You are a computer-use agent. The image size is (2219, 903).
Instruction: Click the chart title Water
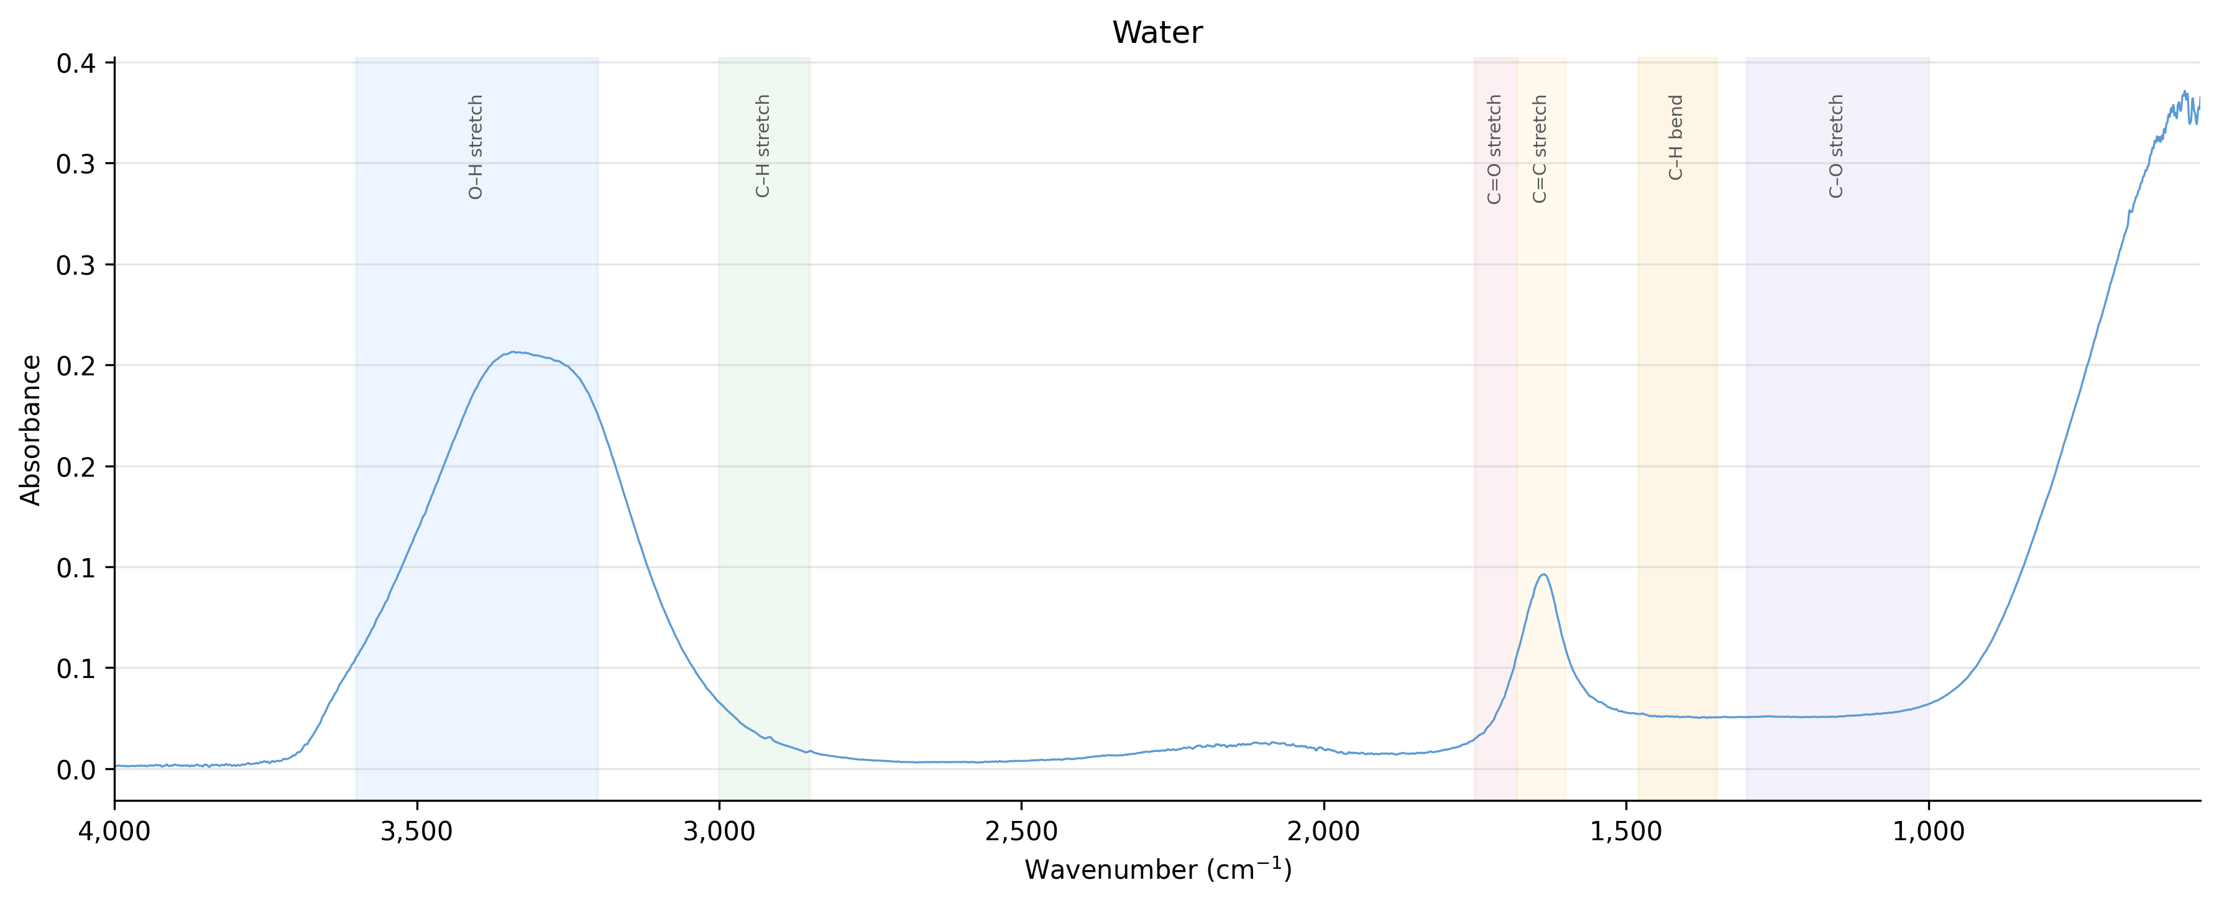pos(1157,33)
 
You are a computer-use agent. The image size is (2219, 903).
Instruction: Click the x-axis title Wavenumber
pos(1157,869)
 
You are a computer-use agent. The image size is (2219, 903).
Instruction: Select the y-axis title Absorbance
pos(31,430)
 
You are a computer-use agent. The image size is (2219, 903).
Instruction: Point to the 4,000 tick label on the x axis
pos(114,832)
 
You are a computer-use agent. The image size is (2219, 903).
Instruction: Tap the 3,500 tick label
pos(417,832)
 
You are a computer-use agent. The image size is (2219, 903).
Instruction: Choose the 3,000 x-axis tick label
pos(719,832)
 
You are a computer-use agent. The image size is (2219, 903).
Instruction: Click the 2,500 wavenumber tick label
pos(1022,832)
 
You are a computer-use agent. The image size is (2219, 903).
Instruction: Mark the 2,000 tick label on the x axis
pos(1324,832)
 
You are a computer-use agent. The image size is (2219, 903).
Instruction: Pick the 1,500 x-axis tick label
pos(1627,832)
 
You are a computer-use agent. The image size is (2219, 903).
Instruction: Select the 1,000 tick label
pos(1929,832)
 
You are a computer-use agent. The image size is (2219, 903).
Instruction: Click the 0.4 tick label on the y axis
pos(76,63)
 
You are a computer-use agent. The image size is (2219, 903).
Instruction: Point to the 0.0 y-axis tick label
pos(76,769)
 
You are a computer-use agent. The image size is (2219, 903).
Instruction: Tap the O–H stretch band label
pos(475,147)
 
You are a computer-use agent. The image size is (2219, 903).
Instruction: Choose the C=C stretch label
pos(1540,149)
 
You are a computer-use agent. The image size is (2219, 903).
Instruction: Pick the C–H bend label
pos(1676,138)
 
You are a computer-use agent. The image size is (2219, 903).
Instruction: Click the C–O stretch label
pos(1837,147)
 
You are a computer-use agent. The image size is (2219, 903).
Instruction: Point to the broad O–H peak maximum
pos(513,352)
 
